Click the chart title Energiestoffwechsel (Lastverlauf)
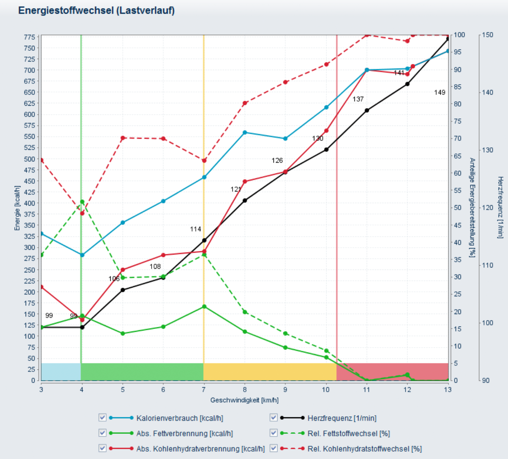[96, 10]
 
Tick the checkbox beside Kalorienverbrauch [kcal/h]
[102, 418]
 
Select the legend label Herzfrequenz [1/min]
[342, 418]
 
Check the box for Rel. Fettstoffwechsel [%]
[273, 433]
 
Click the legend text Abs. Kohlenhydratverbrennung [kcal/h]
[200, 449]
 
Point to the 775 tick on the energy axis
[29, 37]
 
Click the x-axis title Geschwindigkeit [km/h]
[244, 400]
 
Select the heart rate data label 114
[195, 229]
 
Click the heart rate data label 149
[439, 92]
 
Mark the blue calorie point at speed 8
[245, 132]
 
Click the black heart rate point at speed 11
[367, 110]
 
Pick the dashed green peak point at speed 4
[82, 202]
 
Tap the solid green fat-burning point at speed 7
[204, 307]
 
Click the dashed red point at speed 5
[123, 138]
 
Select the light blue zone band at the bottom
[61, 371]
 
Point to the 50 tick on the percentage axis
[458, 208]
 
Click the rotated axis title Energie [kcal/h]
[17, 208]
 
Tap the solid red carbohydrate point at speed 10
[326, 131]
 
